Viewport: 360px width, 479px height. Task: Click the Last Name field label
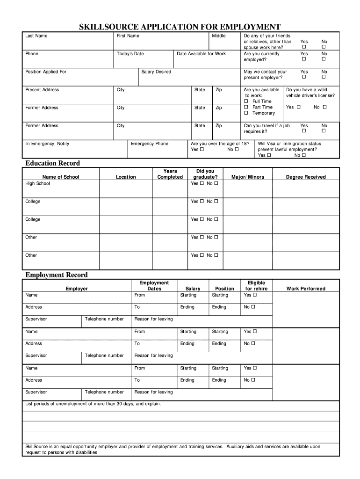[x=36, y=36]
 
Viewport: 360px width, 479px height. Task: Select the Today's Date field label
[x=130, y=54]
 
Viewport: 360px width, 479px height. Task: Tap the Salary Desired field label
[x=156, y=72]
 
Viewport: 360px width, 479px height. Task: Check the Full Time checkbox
[x=246, y=102]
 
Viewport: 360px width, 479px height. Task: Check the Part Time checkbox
[x=246, y=108]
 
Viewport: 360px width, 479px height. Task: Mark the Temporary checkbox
[x=246, y=113]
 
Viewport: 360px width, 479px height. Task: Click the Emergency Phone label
[x=150, y=144]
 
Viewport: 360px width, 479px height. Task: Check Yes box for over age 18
[x=202, y=150]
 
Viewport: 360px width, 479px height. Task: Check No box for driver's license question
[x=324, y=108]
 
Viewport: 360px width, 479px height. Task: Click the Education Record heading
[x=52, y=163]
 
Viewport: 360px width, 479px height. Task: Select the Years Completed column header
[x=170, y=174]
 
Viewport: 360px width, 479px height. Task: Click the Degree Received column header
[x=306, y=177]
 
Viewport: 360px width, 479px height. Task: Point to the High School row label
[x=37, y=183]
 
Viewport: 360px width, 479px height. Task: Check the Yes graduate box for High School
[x=202, y=183]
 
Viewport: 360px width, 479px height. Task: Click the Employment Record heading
[x=56, y=275]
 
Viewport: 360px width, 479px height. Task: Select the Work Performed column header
[x=306, y=289]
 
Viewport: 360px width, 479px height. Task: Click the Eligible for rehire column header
[x=256, y=286]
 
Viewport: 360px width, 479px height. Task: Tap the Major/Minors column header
[x=248, y=177]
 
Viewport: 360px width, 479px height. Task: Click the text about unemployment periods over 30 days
[x=93, y=403]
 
